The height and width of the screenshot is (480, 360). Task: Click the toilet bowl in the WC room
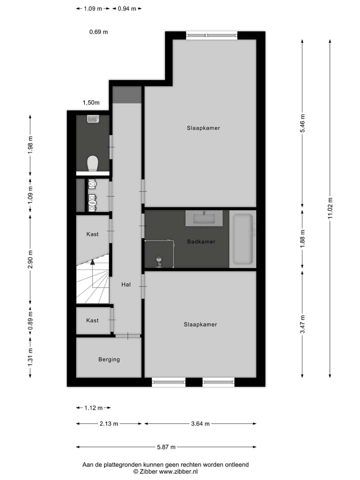(x=92, y=163)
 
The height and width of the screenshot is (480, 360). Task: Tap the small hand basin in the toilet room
(x=92, y=119)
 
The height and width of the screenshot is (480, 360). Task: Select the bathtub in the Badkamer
(x=243, y=239)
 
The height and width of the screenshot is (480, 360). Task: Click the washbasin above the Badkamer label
(x=204, y=218)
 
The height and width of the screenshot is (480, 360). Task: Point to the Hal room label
(x=126, y=284)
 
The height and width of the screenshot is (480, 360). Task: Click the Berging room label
(x=109, y=359)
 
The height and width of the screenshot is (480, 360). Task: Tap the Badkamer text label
(x=201, y=241)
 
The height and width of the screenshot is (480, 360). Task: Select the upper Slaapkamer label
(x=203, y=128)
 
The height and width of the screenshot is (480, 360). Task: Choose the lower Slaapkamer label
(x=200, y=324)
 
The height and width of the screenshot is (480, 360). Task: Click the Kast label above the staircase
(x=92, y=234)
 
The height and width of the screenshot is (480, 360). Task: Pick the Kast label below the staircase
(x=92, y=320)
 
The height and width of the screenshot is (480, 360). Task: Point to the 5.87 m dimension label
(x=166, y=447)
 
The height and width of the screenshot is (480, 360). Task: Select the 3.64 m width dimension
(x=200, y=424)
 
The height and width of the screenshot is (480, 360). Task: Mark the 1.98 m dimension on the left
(x=30, y=146)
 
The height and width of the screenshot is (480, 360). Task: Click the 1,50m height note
(x=91, y=103)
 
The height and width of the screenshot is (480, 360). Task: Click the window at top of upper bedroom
(x=211, y=35)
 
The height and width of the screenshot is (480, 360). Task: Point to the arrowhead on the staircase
(x=92, y=262)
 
